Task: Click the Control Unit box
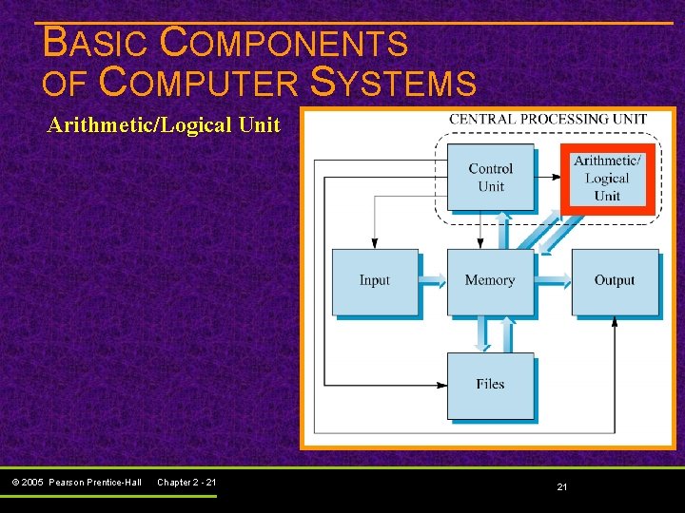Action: click(x=490, y=177)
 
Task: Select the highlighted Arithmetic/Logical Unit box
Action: click(x=607, y=178)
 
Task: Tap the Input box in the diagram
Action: click(x=375, y=281)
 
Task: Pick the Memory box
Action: click(x=490, y=281)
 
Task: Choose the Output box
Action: click(x=615, y=281)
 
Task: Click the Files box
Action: click(x=490, y=385)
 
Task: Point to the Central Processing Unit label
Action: click(x=547, y=120)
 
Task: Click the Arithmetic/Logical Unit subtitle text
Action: click(x=164, y=125)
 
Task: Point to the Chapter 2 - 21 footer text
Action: click(x=186, y=483)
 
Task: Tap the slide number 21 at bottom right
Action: click(x=561, y=486)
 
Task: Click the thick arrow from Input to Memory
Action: click(x=433, y=280)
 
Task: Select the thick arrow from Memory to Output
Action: click(x=553, y=280)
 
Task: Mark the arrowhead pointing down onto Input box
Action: click(x=375, y=243)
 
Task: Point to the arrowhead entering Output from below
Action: click(x=615, y=321)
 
